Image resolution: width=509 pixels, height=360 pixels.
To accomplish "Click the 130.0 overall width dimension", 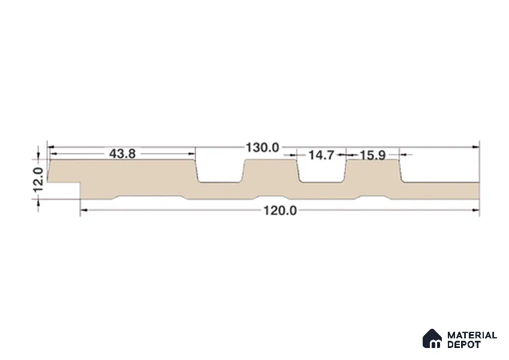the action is point(262,148).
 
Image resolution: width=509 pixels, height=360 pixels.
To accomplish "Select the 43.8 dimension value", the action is point(122,154).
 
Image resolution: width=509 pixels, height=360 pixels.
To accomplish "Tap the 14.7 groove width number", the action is point(321,155).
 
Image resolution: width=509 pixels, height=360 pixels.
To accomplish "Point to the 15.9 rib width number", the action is point(373,155).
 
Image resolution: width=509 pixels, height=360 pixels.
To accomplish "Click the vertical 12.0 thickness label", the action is point(38,179).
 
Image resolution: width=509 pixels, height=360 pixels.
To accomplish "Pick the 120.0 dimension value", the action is point(280,211).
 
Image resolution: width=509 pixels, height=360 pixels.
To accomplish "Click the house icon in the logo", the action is point(432,338).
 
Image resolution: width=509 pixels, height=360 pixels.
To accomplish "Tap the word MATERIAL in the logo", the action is point(472,335).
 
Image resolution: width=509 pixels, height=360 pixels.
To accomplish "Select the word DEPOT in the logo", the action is point(463,344).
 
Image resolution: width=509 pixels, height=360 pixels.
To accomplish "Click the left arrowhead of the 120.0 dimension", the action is point(84,211).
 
